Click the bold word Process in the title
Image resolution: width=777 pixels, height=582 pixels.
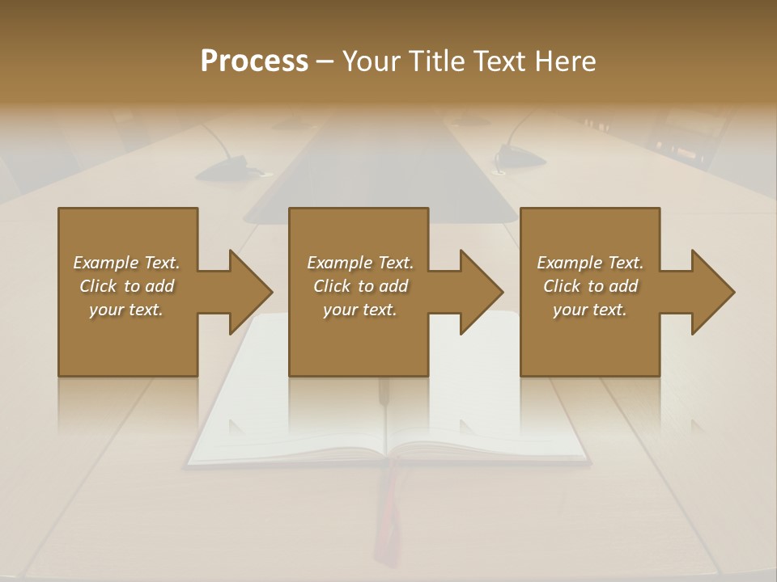pos(254,61)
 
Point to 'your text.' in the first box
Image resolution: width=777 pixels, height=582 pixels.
pos(126,310)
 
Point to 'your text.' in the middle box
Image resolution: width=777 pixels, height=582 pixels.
pos(360,310)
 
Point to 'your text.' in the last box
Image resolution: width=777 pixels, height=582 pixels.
pos(590,310)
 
